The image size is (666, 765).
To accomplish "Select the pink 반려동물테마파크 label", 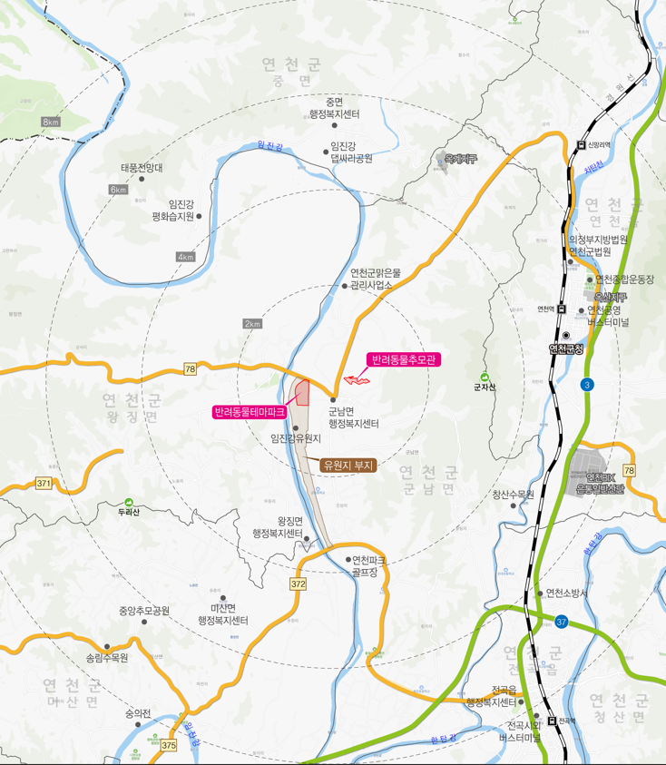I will click(x=250, y=412).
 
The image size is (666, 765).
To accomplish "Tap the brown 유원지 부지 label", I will click(x=349, y=465).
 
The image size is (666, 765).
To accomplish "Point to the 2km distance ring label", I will click(x=252, y=324).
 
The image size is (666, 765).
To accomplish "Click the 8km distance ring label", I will click(x=51, y=122).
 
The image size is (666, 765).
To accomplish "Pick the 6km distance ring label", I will click(x=118, y=190).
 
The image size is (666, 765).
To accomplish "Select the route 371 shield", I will click(x=44, y=484).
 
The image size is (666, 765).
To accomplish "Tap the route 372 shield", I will click(x=299, y=584).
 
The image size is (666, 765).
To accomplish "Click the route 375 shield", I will click(x=169, y=745).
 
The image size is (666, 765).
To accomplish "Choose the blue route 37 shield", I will click(x=562, y=622).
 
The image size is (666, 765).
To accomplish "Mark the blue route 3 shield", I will click(x=587, y=385).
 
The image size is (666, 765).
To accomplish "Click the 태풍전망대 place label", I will click(x=141, y=168).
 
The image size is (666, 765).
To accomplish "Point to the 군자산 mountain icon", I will click(x=484, y=377).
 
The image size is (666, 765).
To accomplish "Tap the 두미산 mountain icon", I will click(x=129, y=502).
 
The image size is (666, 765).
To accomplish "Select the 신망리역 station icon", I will click(x=582, y=143).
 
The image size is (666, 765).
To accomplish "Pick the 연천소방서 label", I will click(x=567, y=593).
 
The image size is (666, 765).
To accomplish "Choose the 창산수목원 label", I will click(x=514, y=495).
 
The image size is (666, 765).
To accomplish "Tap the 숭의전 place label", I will click(x=138, y=713).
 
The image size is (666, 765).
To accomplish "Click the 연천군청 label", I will click(x=566, y=348).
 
